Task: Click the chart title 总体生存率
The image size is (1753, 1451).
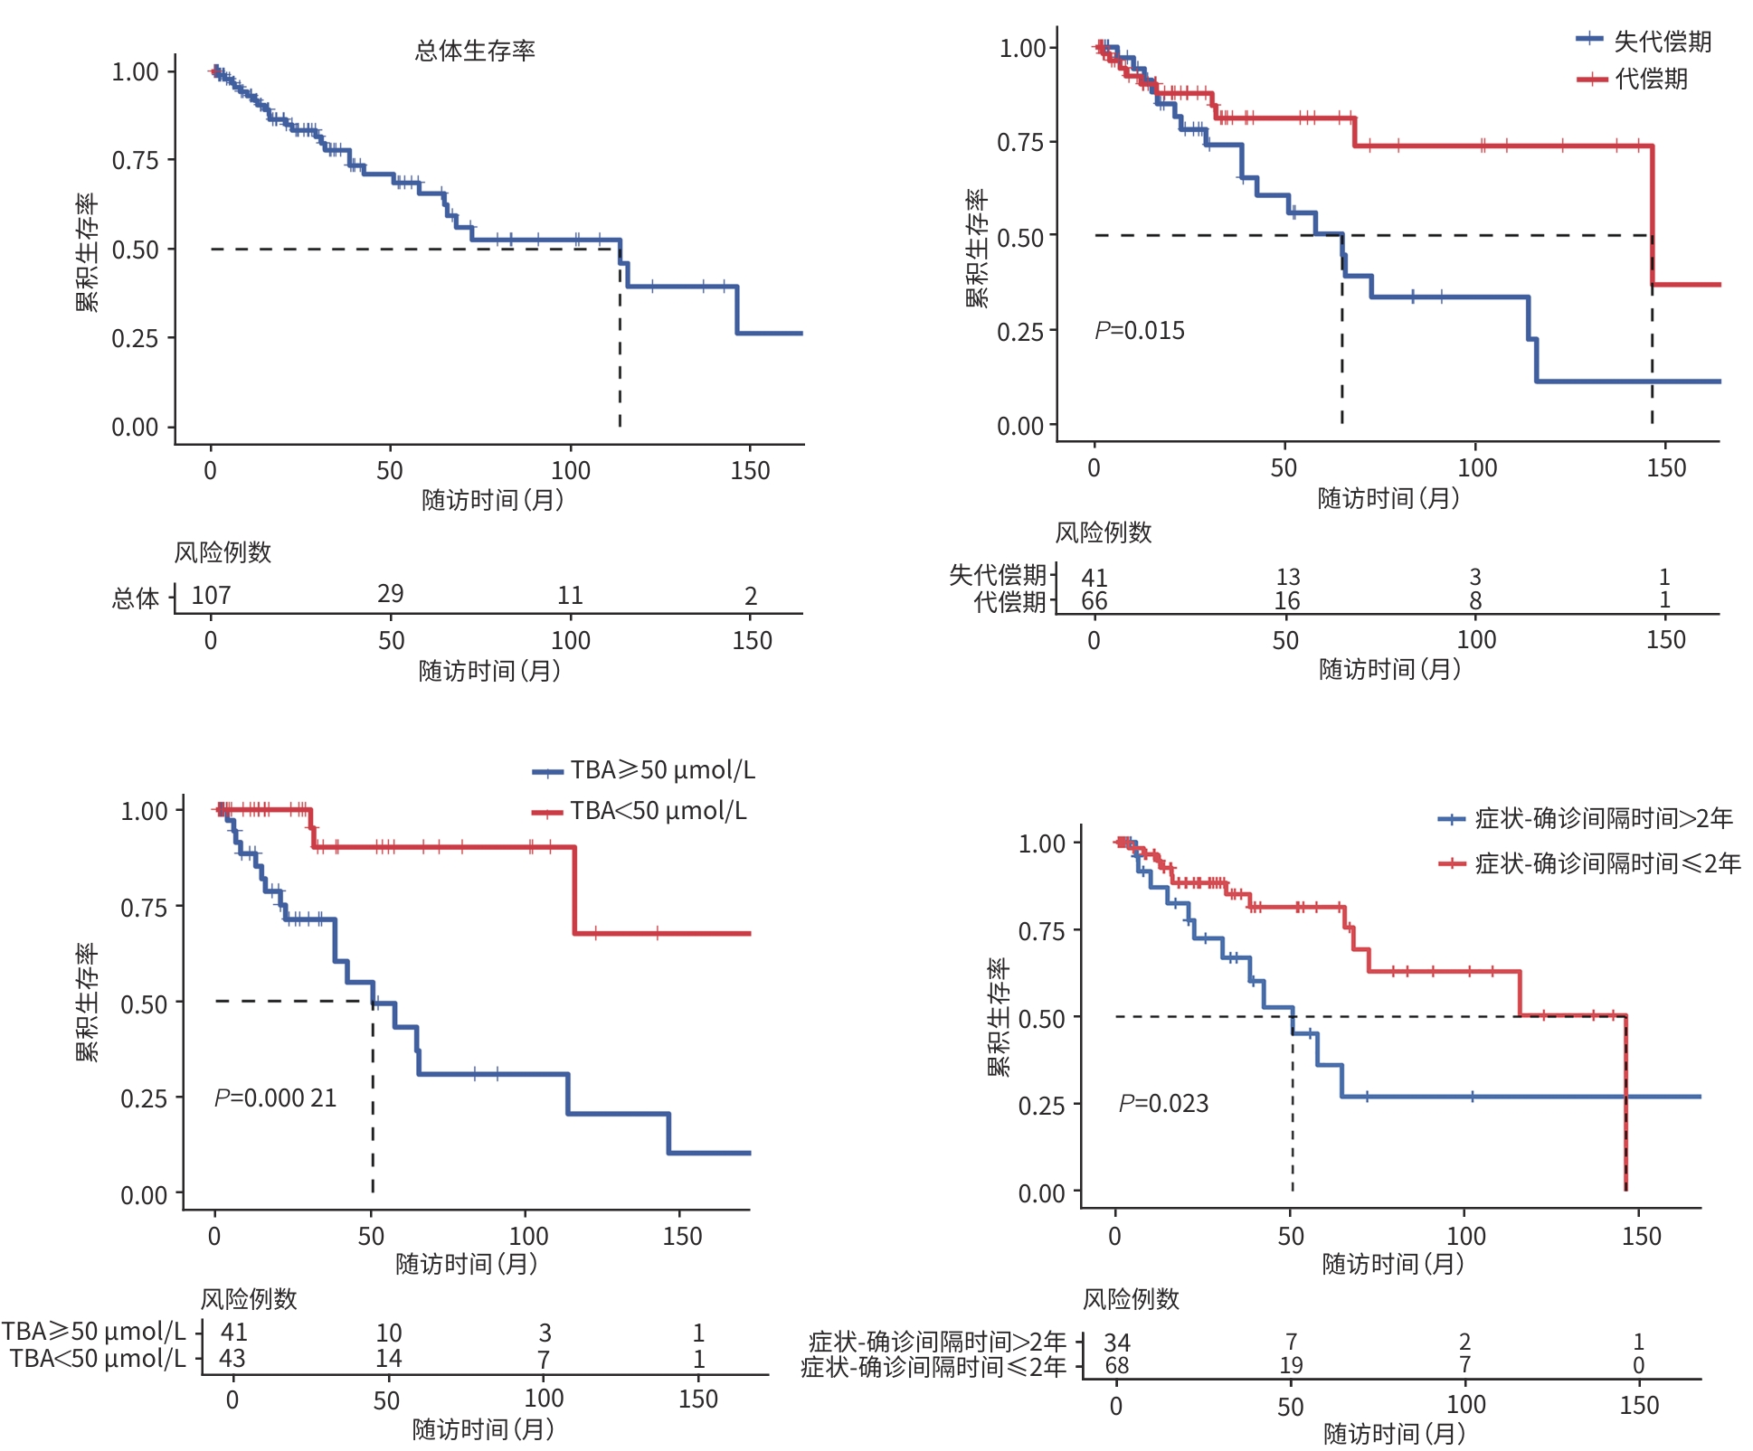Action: click(475, 51)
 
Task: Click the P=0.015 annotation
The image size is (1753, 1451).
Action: click(1139, 331)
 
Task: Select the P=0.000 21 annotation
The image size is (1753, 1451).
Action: click(275, 1098)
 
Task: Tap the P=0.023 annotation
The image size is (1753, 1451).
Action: click(1163, 1103)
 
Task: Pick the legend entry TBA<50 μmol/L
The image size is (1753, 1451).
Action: click(658, 811)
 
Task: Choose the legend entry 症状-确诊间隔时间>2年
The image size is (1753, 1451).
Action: click(1603, 819)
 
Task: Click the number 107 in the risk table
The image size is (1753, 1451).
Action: click(211, 595)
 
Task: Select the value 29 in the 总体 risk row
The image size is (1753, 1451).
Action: click(390, 593)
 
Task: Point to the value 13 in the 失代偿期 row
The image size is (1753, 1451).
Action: click(1287, 577)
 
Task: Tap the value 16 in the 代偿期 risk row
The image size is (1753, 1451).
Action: click(1287, 601)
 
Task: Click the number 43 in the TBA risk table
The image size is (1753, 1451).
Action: click(232, 1358)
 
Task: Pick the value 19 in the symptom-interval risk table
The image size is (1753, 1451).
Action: click(1291, 1365)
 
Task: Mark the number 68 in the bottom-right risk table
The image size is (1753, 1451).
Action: click(1117, 1365)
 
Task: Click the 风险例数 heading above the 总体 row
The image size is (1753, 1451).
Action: click(223, 552)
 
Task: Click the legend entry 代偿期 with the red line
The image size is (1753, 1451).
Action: click(1651, 80)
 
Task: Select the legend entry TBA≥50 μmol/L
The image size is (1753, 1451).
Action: click(662, 770)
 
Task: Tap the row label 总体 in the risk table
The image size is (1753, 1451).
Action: click(136, 598)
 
